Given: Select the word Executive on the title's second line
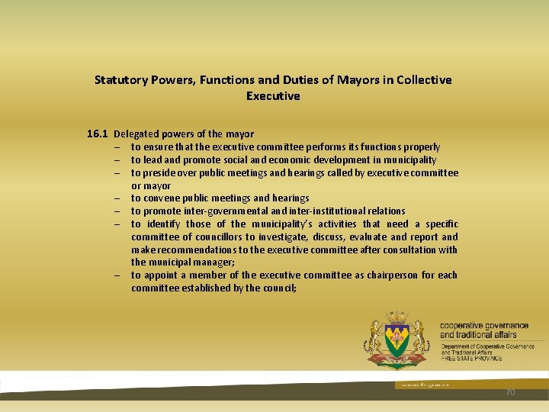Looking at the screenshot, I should tap(273, 96).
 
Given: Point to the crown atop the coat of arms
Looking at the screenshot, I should tap(396, 316).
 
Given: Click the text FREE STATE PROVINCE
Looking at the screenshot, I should tap(471, 358).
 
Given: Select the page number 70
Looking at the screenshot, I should tap(511, 392).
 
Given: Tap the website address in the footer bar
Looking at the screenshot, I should tap(416, 385).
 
